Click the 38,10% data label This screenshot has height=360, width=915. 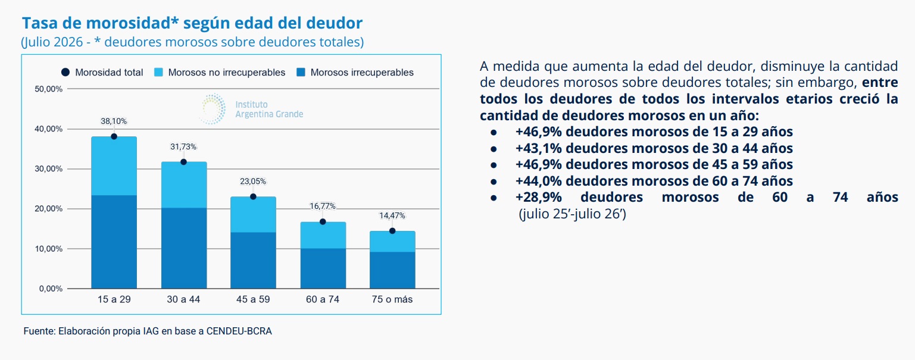(x=114, y=121)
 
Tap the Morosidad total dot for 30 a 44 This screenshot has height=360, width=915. (x=183, y=162)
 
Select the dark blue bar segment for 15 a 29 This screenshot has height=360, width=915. (x=114, y=242)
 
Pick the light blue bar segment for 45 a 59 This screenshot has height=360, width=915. (x=253, y=215)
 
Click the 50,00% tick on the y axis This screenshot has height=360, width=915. (x=49, y=89)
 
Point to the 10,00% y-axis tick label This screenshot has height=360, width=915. (x=49, y=249)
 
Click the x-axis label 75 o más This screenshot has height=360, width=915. (x=392, y=299)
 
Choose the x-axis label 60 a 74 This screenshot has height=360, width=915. (x=323, y=299)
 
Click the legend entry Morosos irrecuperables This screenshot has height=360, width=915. (x=355, y=73)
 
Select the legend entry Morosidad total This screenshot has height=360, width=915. (x=102, y=73)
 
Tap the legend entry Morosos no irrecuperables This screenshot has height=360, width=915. (x=220, y=73)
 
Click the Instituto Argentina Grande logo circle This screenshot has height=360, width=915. (x=213, y=108)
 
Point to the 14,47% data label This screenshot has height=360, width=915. (x=392, y=215)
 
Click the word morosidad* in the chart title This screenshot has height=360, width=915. (x=132, y=23)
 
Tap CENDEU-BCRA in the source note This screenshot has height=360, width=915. (x=239, y=331)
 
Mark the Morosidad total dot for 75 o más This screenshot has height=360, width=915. (x=392, y=231)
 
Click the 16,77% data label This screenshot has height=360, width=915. (x=323, y=206)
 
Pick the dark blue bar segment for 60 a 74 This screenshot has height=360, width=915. (x=323, y=268)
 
